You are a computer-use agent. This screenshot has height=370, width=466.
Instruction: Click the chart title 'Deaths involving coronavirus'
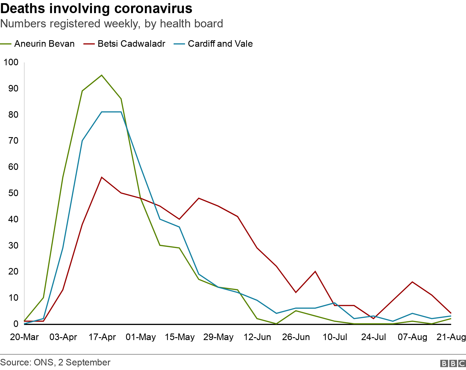pyautogui.click(x=96, y=9)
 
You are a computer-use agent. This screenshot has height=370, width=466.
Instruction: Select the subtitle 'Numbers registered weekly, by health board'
pyautogui.click(x=111, y=24)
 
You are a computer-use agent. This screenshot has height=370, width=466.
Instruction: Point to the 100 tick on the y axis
pyautogui.click(x=11, y=62)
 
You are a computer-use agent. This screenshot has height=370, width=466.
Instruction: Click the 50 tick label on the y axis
pyautogui.click(x=13, y=193)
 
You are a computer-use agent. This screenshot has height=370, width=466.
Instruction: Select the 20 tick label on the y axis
pyautogui.click(x=13, y=271)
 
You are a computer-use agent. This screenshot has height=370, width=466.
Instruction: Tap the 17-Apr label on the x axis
pyautogui.click(x=102, y=337)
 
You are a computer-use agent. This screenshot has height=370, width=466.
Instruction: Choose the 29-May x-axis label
pyautogui.click(x=218, y=337)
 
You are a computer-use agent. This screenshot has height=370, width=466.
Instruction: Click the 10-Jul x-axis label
pyautogui.click(x=335, y=337)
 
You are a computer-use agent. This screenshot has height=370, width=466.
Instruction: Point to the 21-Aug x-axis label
pyautogui.click(x=451, y=337)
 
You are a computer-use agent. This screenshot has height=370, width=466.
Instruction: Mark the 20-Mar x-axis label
pyautogui.click(x=24, y=337)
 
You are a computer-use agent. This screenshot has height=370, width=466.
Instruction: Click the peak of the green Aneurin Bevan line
pyautogui.click(x=102, y=75)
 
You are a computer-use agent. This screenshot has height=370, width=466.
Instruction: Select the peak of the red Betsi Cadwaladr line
pyautogui.click(x=102, y=177)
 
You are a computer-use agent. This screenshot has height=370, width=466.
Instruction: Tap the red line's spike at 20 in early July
pyautogui.click(x=315, y=271)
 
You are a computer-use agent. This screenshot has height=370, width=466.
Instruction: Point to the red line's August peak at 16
pyautogui.click(x=412, y=282)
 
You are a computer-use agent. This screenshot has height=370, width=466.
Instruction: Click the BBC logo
pyautogui.click(x=453, y=363)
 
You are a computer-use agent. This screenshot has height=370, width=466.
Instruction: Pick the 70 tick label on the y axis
pyautogui.click(x=13, y=141)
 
